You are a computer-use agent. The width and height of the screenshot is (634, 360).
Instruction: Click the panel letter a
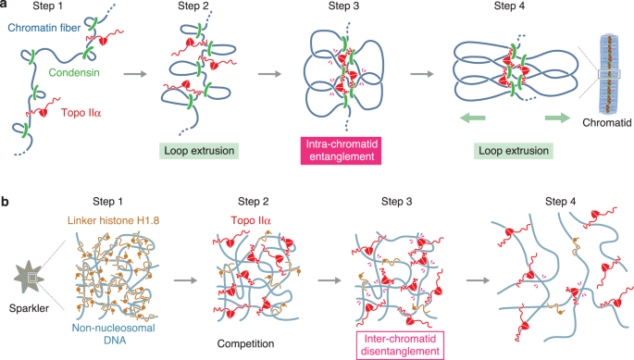6,7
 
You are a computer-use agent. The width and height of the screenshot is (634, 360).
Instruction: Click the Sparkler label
24,305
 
